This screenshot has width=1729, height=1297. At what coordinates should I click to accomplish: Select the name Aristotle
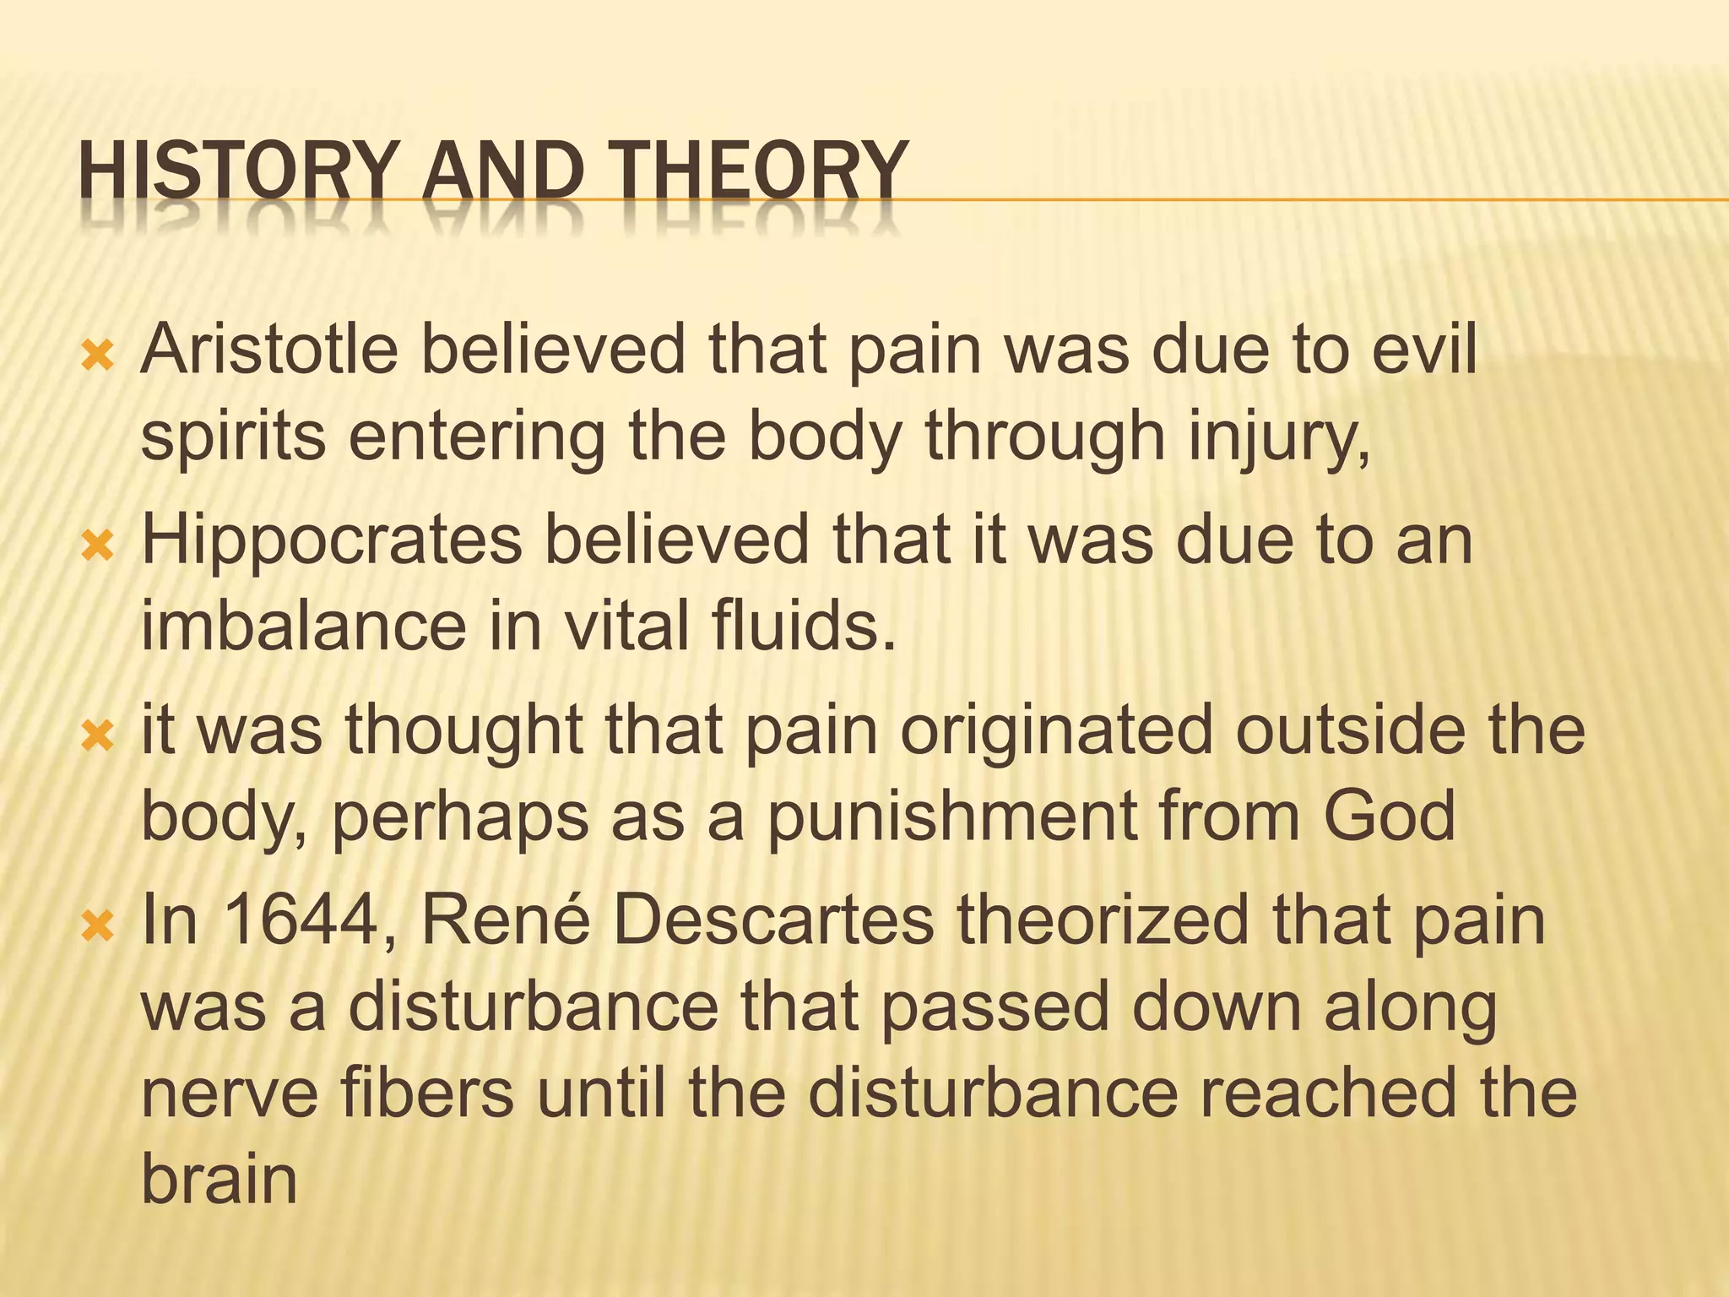(269, 350)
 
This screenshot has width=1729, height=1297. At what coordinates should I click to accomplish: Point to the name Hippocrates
(332, 540)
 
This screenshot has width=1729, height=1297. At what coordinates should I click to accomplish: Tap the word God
(1389, 816)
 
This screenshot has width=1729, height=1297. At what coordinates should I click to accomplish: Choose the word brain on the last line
(219, 1179)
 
